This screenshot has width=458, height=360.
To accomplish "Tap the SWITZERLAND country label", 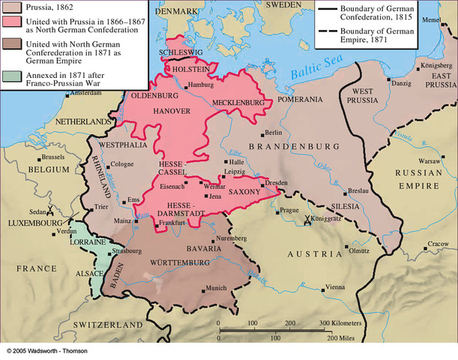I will (104, 324).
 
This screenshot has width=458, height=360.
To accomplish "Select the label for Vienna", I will (335, 286).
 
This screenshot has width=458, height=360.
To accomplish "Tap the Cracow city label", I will (438, 244).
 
